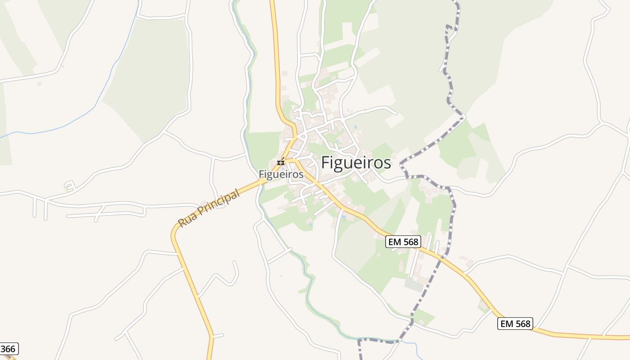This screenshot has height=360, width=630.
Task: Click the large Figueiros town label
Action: point(356,163)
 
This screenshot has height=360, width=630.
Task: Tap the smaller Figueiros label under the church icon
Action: point(281,174)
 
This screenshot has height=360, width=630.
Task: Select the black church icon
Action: point(281,162)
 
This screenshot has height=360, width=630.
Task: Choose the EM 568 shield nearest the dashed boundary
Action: point(403,242)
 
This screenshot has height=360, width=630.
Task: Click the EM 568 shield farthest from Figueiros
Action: point(515,323)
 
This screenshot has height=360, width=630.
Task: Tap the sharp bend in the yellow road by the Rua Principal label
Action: point(173,234)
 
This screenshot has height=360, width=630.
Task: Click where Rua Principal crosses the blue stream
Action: point(261,181)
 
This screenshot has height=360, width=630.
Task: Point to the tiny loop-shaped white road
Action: point(69,185)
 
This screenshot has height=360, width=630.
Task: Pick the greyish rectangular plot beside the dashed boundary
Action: point(414,284)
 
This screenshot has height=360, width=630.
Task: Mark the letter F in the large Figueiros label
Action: point(326,163)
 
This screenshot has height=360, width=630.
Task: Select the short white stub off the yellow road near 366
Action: point(218,336)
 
